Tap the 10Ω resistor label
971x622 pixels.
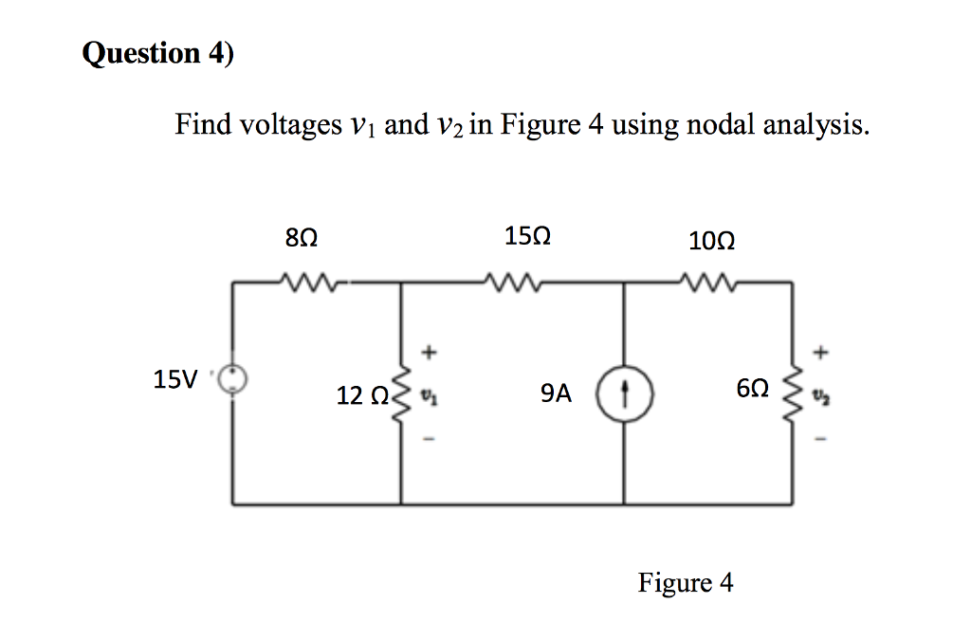(712, 241)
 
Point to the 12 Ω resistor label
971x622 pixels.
(360, 393)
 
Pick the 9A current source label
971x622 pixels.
(556, 393)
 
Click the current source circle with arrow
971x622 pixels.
(624, 392)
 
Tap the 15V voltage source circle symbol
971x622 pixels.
(233, 380)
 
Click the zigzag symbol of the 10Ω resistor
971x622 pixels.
(706, 281)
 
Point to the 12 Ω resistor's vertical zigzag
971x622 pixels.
(401, 393)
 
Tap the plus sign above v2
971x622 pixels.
(821, 353)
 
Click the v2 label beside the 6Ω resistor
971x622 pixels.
(821, 393)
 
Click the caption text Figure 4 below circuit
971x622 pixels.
(686, 582)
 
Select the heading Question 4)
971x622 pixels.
(157, 54)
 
